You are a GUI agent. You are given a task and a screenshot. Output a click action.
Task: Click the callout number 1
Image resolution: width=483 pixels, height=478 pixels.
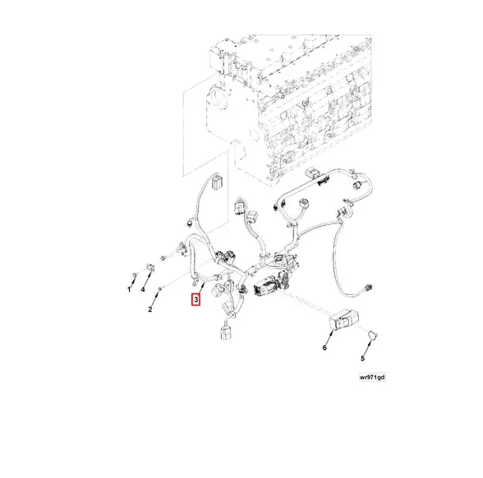coord(129,289)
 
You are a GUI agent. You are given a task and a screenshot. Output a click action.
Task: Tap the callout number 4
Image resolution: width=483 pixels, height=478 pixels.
coord(143,289)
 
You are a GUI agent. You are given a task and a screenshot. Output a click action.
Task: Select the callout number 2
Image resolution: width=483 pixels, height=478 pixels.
coord(150,309)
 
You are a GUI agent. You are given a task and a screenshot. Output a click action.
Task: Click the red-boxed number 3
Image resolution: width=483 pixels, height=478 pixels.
coord(195,299)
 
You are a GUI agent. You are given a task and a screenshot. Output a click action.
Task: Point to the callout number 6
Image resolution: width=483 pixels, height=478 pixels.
coord(324,347)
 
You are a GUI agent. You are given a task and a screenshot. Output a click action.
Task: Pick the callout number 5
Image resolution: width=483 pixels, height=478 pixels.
coord(362,358)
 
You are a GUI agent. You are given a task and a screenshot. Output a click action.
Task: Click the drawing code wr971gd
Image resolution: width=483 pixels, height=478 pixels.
coord(372,377)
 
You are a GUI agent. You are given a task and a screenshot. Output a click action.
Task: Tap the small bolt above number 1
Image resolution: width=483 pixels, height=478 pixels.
coord(134,274)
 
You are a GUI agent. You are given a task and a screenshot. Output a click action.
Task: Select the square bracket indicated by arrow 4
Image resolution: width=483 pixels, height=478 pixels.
coord(149,268)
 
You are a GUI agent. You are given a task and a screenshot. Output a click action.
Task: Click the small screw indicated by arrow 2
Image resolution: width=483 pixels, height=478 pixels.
coord(160,289)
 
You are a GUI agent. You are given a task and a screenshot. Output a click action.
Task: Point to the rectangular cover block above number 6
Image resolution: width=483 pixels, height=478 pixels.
coord(343,321)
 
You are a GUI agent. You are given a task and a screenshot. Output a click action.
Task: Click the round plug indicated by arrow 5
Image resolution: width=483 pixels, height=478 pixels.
coord(373,335)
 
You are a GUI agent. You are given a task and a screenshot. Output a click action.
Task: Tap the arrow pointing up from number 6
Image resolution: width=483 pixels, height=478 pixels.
coord(329,338)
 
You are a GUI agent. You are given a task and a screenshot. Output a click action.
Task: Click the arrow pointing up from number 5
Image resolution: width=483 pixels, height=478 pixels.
coord(368,347)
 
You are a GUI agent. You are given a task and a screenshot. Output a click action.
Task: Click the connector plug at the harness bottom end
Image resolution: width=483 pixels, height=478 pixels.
coord(225,333)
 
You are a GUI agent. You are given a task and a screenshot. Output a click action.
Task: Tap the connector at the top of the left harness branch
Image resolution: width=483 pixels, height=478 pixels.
coord(217,182)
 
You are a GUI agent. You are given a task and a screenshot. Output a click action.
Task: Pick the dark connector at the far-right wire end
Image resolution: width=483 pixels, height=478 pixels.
coord(368,287)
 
